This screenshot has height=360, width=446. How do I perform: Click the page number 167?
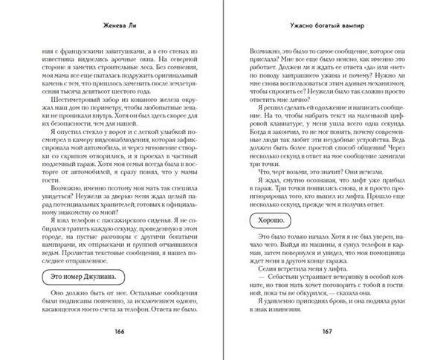pos(314,331)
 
